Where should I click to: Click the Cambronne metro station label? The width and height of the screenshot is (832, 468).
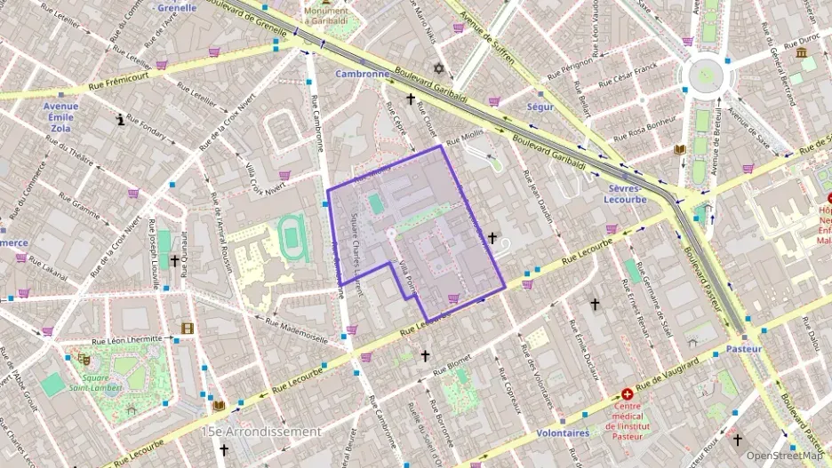pyautogui.click(x=362, y=74)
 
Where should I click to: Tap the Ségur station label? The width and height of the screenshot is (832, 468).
pyautogui.click(x=540, y=107)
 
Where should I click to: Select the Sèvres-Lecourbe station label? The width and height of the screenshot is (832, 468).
pyautogui.click(x=628, y=194)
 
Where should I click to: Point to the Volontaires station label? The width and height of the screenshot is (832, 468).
pyautogui.click(x=563, y=433)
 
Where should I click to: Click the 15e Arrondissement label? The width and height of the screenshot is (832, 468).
pyautogui.click(x=261, y=432)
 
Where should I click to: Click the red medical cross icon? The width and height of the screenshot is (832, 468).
pyautogui.click(x=628, y=393)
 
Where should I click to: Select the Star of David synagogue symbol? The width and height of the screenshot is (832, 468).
pyautogui.click(x=437, y=68)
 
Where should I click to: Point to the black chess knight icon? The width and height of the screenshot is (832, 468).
pyautogui.click(x=121, y=119)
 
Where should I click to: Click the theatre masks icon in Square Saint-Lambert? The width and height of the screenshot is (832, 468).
pyautogui.click(x=84, y=360)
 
